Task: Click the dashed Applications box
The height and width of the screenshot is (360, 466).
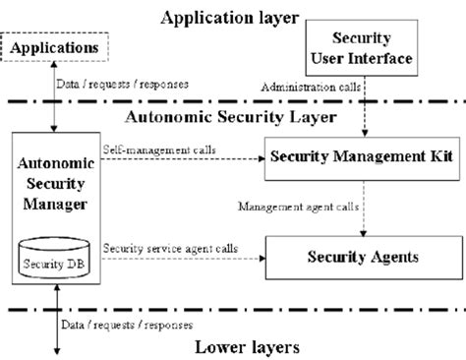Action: tap(55, 47)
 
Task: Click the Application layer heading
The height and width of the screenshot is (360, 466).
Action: tap(231, 16)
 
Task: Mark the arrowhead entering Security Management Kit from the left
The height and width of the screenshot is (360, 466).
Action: tap(262, 159)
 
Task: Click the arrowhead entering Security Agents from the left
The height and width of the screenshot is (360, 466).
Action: tap(262, 259)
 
